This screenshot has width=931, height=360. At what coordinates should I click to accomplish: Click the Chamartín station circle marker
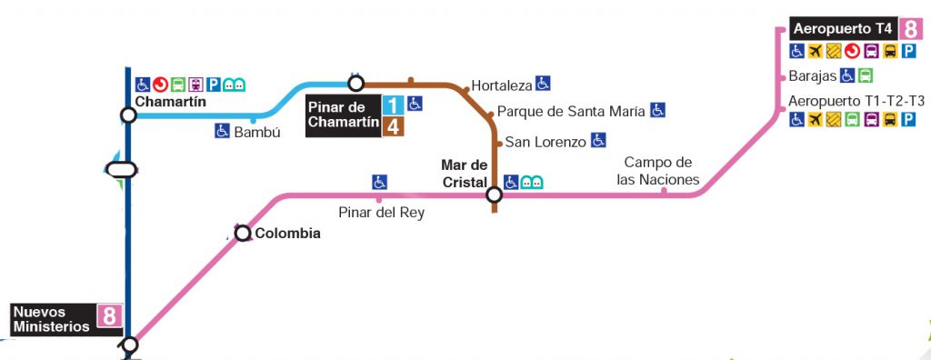tap(128, 115)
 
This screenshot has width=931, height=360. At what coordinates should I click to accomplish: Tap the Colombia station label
tap(287, 234)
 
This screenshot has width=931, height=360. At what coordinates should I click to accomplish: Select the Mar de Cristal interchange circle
tap(494, 195)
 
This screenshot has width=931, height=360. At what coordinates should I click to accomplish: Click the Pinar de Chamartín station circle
tap(356, 84)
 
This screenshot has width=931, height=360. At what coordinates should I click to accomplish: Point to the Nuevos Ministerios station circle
tap(130, 345)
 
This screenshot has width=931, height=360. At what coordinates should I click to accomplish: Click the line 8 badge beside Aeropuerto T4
tap(912, 29)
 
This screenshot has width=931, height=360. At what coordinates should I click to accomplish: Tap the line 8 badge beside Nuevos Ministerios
tap(109, 316)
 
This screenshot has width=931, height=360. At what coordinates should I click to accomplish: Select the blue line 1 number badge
tap(393, 105)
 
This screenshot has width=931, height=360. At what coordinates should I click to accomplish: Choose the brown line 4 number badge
tap(393, 126)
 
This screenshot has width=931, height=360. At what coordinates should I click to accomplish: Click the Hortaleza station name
tap(501, 85)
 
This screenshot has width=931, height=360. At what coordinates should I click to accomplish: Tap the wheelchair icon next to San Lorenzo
tap(598, 141)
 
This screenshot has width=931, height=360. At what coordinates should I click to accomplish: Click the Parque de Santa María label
tap(571, 112)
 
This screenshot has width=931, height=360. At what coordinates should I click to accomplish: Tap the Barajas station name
tap(812, 76)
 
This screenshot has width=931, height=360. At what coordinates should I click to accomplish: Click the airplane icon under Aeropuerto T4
tap(815, 51)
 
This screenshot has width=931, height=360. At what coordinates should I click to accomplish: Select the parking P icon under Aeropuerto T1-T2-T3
tap(908, 120)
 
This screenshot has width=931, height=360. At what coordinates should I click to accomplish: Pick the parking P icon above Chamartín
tap(214, 85)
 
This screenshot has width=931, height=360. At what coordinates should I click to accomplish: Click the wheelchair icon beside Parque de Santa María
tap(657, 111)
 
